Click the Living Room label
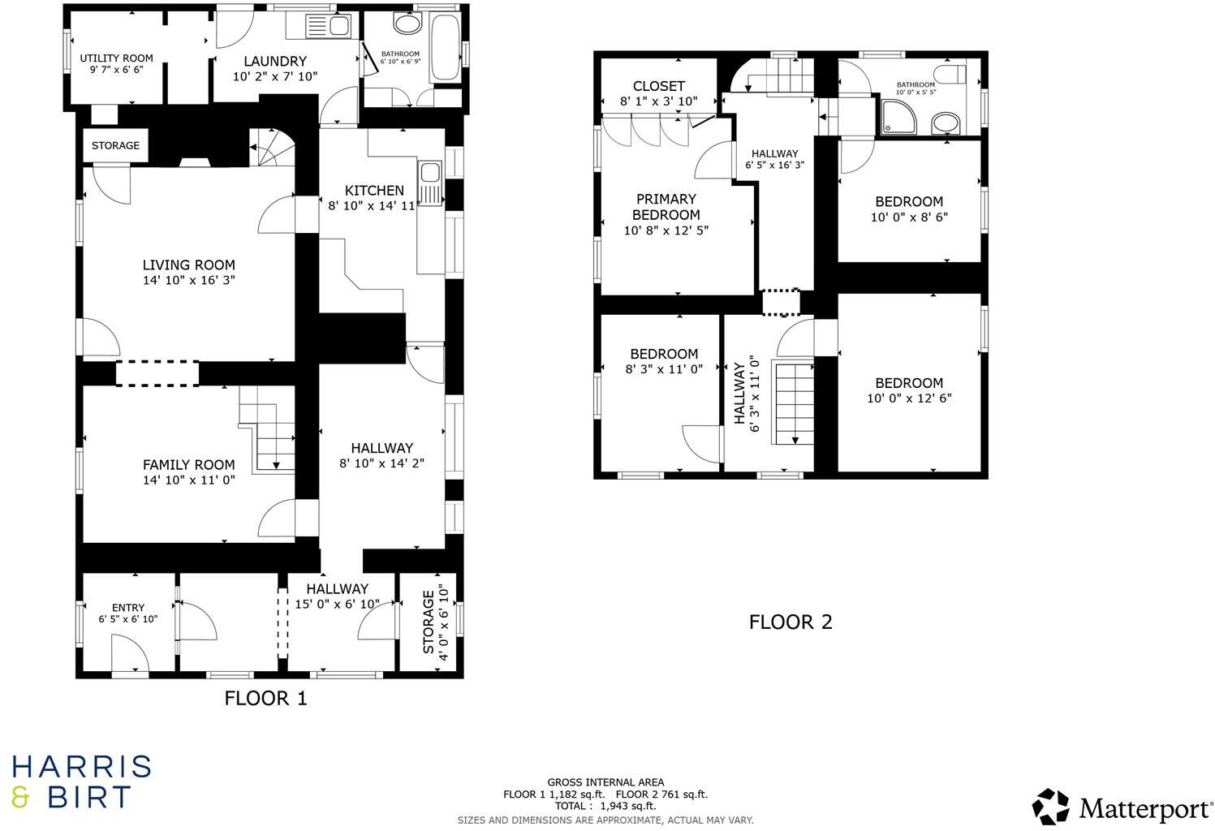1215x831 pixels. (x=188, y=265)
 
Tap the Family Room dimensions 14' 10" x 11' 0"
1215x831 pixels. (x=188, y=480)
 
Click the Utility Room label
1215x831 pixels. (x=116, y=58)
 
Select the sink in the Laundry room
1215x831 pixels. (x=328, y=27)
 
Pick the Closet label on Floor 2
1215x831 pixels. (x=658, y=86)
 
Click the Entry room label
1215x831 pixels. (x=128, y=608)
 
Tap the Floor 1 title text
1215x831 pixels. (x=265, y=698)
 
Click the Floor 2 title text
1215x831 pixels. (x=790, y=622)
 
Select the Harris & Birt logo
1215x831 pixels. (x=81, y=781)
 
